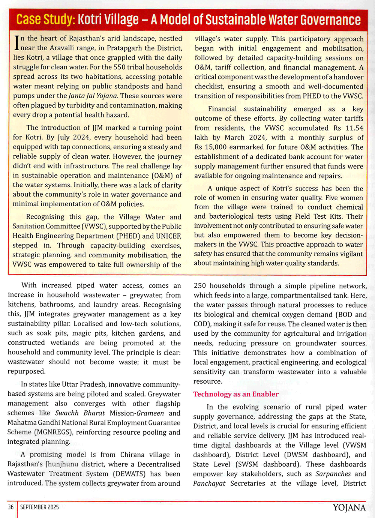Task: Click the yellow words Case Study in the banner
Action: pyautogui.click(x=46, y=19)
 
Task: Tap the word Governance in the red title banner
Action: pyautogui.click(x=330, y=20)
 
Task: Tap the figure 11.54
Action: pyautogui.click(x=354, y=128)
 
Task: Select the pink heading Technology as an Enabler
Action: pyautogui.click(x=236, y=394)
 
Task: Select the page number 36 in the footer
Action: pyautogui.click(x=11, y=507)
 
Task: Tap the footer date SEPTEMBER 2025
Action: pyautogui.click(x=39, y=507)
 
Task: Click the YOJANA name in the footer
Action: pyautogui.click(x=349, y=507)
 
